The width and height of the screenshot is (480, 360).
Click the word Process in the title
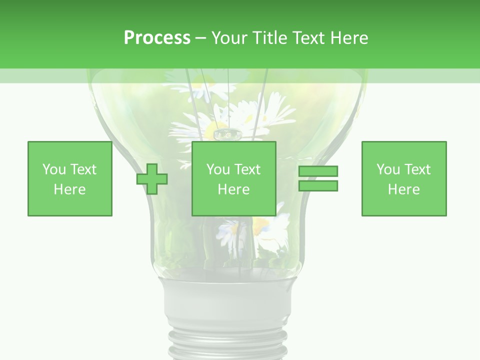157,38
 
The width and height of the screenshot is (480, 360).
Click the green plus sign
152,179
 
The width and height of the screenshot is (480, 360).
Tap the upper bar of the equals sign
318,171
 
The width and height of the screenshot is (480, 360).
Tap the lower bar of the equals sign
318,186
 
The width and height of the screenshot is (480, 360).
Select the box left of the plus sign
70,179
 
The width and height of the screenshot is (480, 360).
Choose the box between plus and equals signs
234,179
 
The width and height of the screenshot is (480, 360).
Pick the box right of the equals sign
404,179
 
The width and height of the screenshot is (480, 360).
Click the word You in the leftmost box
54,169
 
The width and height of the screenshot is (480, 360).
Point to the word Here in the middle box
234,189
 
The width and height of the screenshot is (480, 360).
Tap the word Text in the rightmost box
417,169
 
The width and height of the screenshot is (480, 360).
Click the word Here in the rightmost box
404,189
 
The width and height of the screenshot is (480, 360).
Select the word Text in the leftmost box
83,169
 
